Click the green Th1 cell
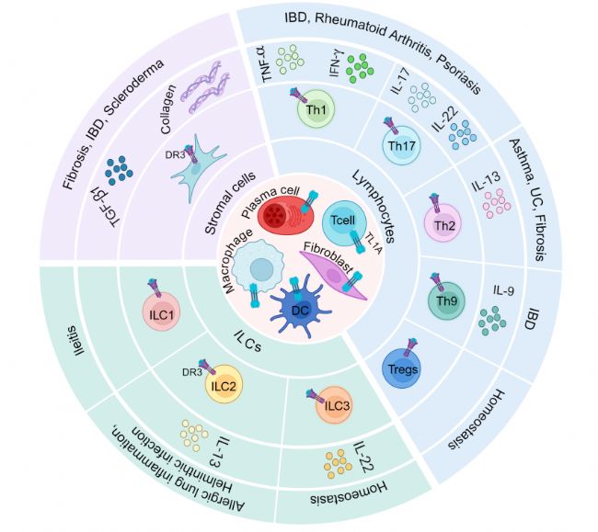pos(316,109)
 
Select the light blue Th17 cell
pos(401,145)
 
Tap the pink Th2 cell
pos(443,223)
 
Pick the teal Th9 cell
pos(446,300)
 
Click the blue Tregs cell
pos(401,368)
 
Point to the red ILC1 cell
pos(161,312)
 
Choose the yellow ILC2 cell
pos(224,384)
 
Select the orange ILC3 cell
pos(334,405)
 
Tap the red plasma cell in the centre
pos(285,215)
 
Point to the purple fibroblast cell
pos(333,275)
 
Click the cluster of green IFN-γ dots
pos(360,68)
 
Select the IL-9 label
pos(503,291)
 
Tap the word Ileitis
pos(75,339)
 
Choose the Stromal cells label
pos(230,203)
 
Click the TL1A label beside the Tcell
pos(373,243)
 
